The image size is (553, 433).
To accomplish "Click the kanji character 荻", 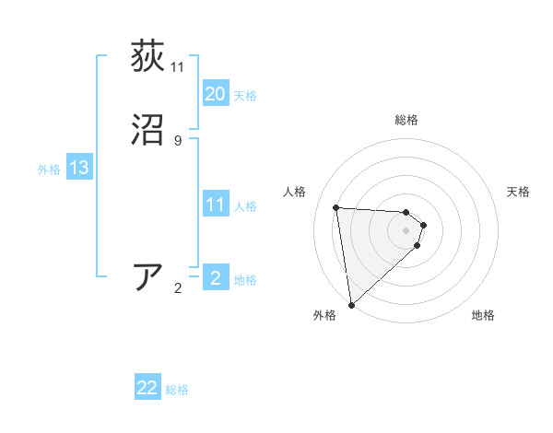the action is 147,56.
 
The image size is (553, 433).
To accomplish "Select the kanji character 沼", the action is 147,130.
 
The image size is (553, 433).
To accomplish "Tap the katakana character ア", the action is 147,277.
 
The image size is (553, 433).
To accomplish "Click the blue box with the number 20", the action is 215,94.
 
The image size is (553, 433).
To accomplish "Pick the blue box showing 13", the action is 78,169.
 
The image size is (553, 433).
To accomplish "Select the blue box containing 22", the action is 147,388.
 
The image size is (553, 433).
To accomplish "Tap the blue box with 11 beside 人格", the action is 215,205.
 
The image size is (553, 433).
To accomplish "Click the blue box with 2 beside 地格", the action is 215,278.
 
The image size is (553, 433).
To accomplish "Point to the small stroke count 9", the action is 178,140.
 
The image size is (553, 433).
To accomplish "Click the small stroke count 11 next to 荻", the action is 178,66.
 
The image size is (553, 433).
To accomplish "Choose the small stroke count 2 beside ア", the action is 178,288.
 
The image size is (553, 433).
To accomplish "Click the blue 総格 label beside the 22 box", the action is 177,390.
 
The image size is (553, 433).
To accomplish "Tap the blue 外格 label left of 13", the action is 49,170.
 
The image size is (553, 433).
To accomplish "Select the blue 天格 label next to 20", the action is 245,96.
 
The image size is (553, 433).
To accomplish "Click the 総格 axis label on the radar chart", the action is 406,120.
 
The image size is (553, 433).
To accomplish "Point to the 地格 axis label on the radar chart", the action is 483,315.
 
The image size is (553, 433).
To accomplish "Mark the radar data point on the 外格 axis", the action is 350,304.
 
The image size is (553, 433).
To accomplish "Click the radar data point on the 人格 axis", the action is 336,207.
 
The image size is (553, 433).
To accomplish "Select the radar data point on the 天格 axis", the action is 424,224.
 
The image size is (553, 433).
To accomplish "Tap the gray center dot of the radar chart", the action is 406,229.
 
